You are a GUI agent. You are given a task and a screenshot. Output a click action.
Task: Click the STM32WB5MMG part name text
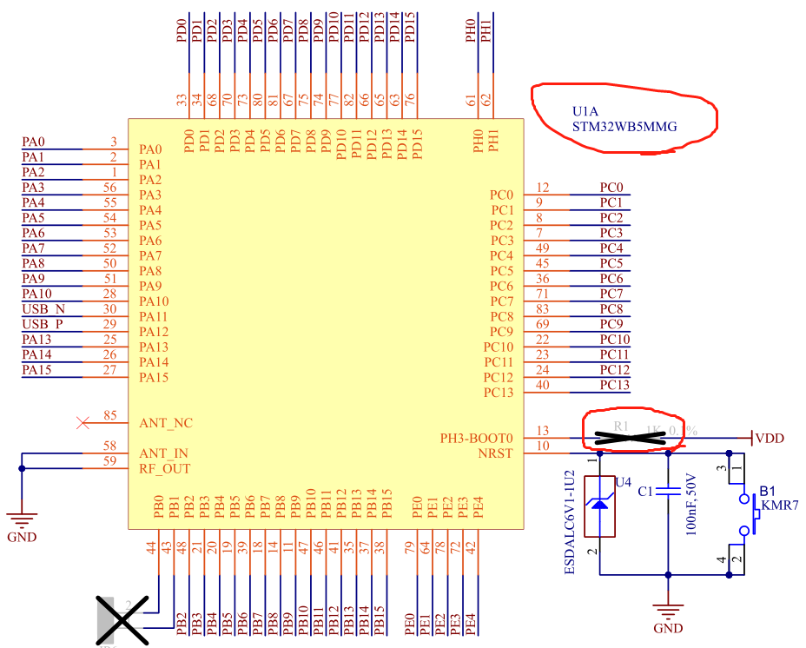pyautogui.click(x=624, y=126)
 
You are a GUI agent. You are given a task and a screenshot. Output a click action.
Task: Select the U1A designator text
pyautogui.click(x=586, y=111)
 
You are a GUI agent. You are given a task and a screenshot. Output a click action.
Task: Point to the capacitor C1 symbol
pyautogui.click(x=667, y=492)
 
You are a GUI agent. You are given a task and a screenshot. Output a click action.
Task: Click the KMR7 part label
pyautogui.click(x=781, y=505)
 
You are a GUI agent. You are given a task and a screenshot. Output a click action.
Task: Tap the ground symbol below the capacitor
pyautogui.click(x=667, y=612)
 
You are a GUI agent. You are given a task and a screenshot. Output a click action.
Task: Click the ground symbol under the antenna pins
pyautogui.click(x=22, y=521)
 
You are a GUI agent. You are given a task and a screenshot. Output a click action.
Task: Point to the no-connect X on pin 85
pyautogui.click(x=83, y=423)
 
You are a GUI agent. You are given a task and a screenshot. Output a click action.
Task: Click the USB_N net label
pyautogui.click(x=43, y=308)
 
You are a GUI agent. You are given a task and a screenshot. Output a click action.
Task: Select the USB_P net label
pyautogui.click(x=43, y=324)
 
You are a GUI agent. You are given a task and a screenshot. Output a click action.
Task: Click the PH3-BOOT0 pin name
pyautogui.click(x=477, y=439)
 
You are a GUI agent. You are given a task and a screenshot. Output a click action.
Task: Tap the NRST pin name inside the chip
pyautogui.click(x=495, y=453)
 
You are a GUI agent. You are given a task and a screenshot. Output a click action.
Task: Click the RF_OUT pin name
pyautogui.click(x=165, y=469)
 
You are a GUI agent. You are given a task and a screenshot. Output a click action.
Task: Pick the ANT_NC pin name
pyautogui.click(x=166, y=423)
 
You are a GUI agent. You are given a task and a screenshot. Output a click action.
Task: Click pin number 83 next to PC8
pyautogui.click(x=543, y=308)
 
